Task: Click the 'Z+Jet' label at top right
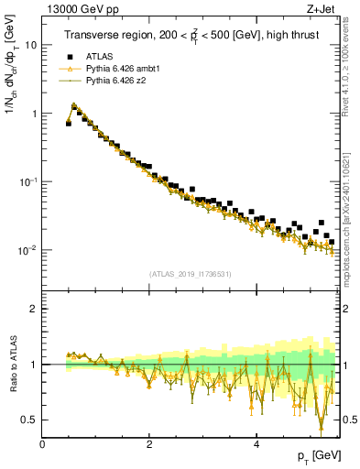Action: coord(321,8)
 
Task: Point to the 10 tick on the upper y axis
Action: coord(30,45)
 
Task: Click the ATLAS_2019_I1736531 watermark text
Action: coord(189,273)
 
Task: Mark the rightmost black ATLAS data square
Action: coord(332,243)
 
